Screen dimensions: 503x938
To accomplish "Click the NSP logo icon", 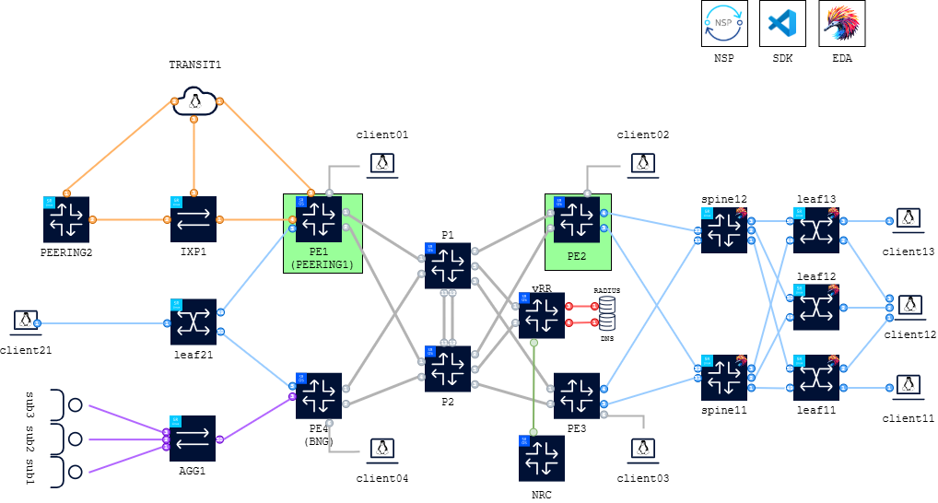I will click(x=724, y=23).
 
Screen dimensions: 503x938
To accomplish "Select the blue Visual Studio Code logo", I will click(x=782, y=23).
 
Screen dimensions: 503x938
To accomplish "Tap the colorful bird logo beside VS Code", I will click(x=841, y=23).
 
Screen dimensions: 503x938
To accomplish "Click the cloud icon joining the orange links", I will click(x=193, y=99).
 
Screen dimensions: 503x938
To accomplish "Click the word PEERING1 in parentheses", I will click(x=322, y=264).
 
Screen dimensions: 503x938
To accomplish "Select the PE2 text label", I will click(x=577, y=256).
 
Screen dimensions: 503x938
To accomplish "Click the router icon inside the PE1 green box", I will click(x=319, y=219).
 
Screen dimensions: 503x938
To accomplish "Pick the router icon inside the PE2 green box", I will click(x=577, y=219).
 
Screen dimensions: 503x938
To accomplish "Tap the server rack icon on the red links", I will click(x=607, y=313).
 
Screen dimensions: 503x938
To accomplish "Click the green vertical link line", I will click(x=533, y=387).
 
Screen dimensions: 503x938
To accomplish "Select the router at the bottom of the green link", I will click(x=542, y=458).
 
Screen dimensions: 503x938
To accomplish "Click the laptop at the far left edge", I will click(x=26, y=322).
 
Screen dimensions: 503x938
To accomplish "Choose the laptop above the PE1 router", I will click(x=381, y=165).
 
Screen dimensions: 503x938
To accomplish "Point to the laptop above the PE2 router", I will click(x=642, y=165).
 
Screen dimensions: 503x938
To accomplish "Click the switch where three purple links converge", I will click(x=193, y=439).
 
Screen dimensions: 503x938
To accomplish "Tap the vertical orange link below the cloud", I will click(x=193, y=157).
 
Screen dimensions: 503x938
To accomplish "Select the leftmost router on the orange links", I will click(x=66, y=219).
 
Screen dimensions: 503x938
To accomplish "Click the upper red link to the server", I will click(x=581, y=306).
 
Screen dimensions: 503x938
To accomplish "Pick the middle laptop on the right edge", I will click(x=909, y=306).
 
